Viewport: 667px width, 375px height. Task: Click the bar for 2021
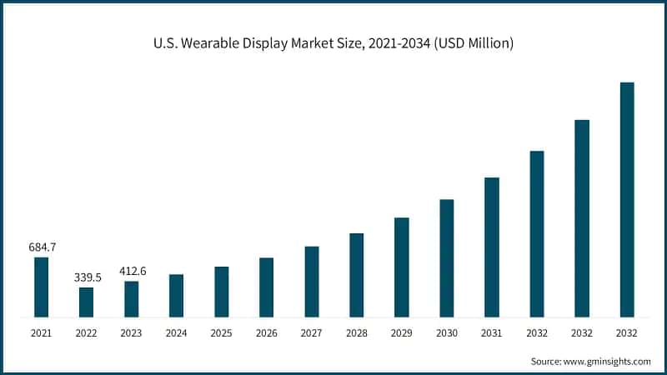[41, 287]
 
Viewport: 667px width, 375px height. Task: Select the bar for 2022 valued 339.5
[86, 302]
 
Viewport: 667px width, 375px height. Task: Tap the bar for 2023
[131, 298]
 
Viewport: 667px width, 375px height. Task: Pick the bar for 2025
[221, 292]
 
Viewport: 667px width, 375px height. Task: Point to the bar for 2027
[311, 282]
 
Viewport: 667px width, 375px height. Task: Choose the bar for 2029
[401, 267]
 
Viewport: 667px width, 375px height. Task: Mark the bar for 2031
[491, 247]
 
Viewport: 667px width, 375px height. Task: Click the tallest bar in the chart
[626, 199]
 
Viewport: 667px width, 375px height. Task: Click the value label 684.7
[41, 247]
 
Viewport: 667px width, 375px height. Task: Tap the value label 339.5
[86, 277]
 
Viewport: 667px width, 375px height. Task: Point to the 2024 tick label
[176, 333]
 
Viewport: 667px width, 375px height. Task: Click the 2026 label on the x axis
[266, 333]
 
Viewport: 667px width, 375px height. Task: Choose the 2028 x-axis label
[356, 333]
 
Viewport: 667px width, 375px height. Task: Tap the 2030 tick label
[446, 333]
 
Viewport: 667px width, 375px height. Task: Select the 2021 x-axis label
[41, 333]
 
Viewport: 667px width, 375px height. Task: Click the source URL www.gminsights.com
[607, 362]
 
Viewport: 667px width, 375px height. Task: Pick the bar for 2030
[446, 257]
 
